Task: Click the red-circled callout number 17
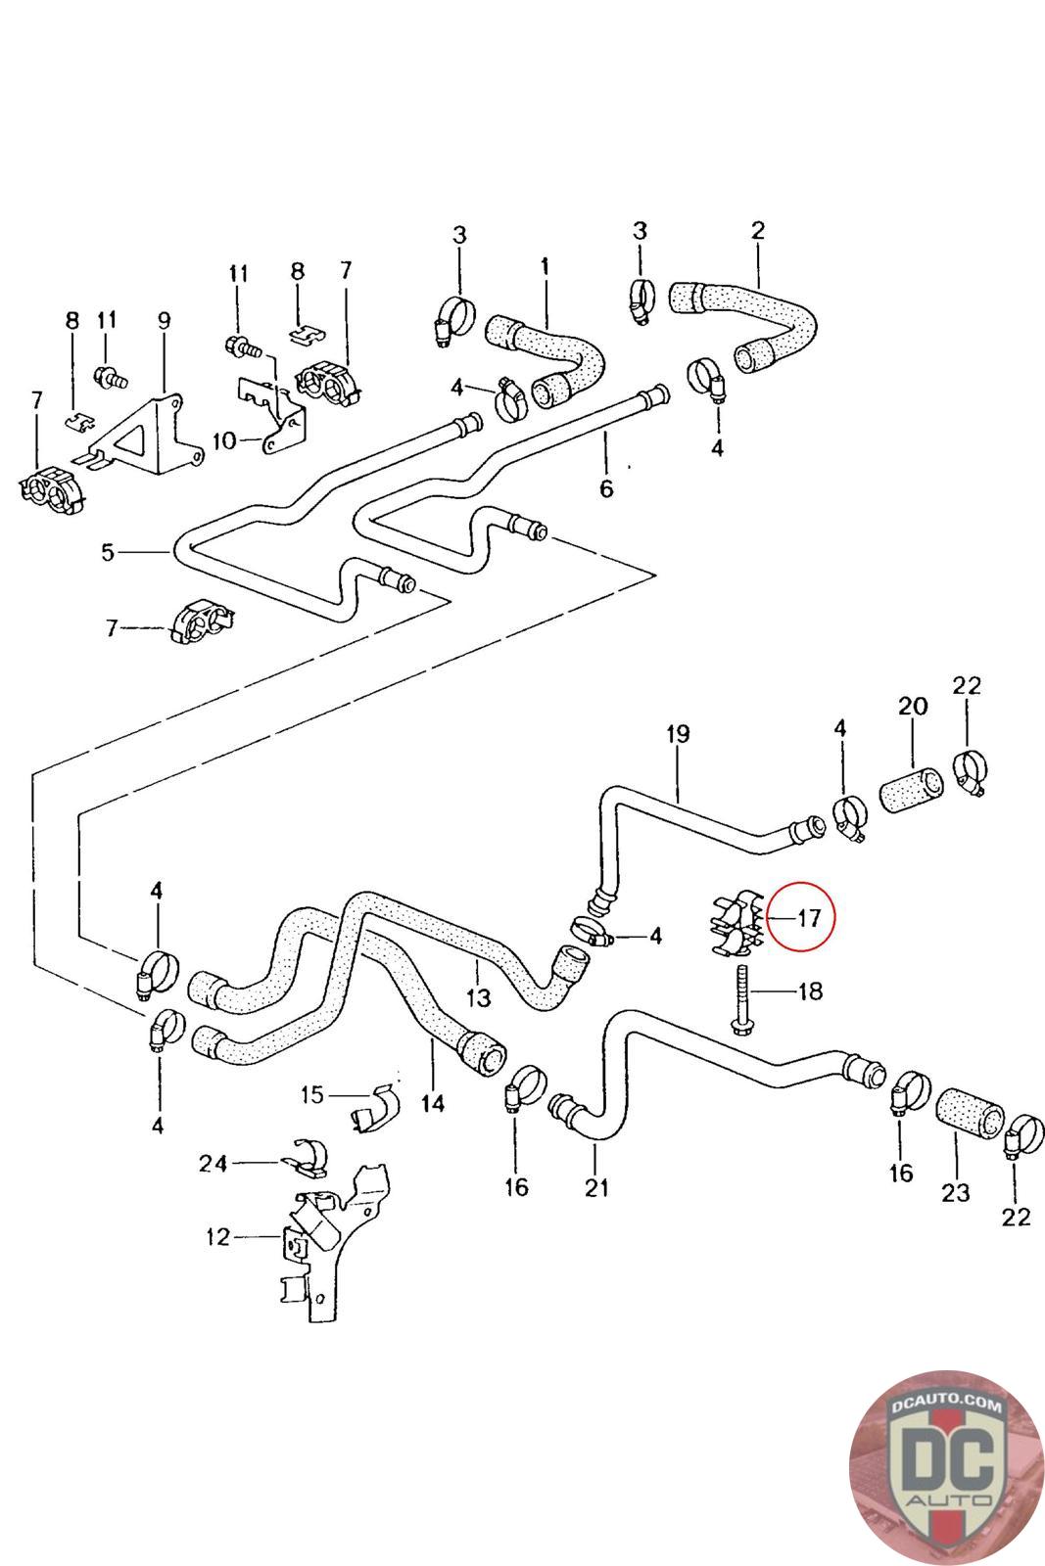point(809,918)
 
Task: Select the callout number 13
point(479,997)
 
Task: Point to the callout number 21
point(595,1187)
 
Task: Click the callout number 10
point(225,441)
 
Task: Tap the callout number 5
point(107,552)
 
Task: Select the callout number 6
point(606,488)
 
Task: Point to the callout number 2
point(758,230)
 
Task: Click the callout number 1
point(545,267)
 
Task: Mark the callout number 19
point(678,734)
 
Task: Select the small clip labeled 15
point(376,1110)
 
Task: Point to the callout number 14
point(433,1103)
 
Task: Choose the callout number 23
point(956,1192)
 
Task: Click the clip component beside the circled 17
point(736,923)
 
